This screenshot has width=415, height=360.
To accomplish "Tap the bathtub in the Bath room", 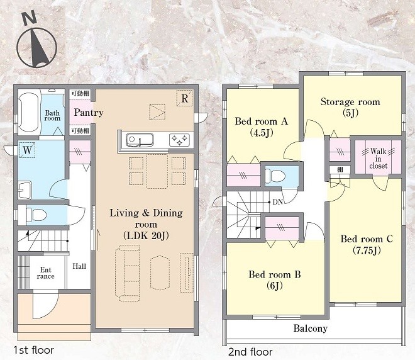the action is point(29,112).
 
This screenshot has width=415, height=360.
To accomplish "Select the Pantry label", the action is point(89,113).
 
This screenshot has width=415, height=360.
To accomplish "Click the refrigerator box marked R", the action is point(184,98).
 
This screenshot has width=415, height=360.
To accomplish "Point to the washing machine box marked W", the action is point(27,150).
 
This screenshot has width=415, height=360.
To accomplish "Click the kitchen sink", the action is point(140,140).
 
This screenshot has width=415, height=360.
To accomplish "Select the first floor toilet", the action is point(36,215).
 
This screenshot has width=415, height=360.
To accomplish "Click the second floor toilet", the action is point(275,176).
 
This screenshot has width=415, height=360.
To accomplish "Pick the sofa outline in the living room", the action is point(128,273).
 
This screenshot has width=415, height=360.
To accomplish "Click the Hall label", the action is point(79,266).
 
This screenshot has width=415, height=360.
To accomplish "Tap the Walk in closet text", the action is point(379,159).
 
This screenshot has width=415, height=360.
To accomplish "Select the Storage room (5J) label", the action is point(350,107).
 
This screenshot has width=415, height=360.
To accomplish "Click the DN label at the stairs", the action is point(278,202).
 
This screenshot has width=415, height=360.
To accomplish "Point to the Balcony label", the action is point(311,329).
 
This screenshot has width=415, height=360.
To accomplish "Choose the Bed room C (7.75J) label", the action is point(367,244).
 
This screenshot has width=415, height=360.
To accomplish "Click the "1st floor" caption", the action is point(33,350).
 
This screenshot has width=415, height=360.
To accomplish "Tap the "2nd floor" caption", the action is point(250,352).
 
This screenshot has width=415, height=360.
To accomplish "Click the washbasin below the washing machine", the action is point(25,190).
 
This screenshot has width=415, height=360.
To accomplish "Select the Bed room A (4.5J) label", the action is point(261,127).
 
